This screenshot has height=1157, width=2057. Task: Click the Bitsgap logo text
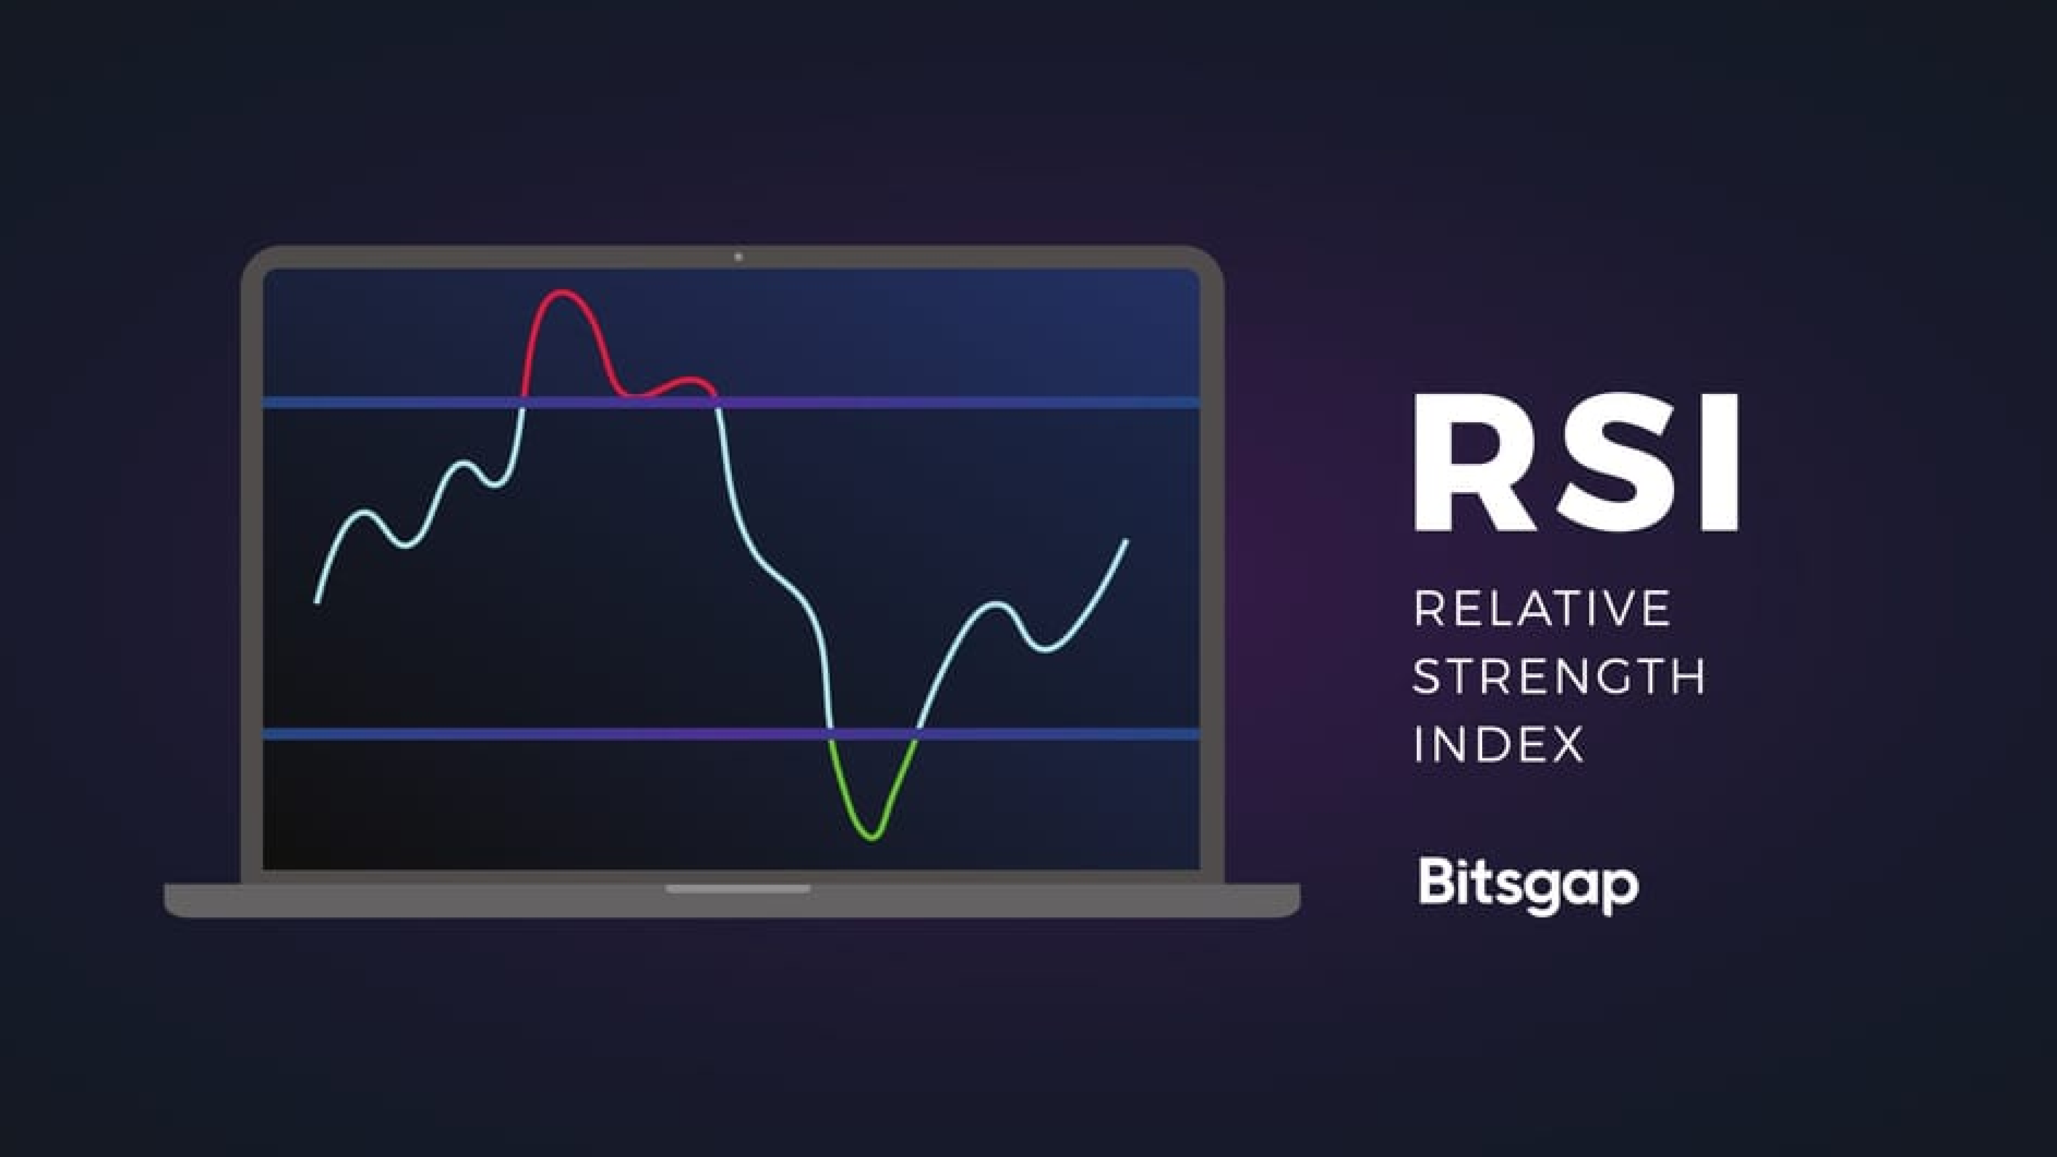point(1527,884)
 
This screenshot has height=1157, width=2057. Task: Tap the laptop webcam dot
point(738,257)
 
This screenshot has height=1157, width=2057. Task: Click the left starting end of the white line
point(318,602)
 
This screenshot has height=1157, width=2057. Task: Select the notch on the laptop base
point(738,888)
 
